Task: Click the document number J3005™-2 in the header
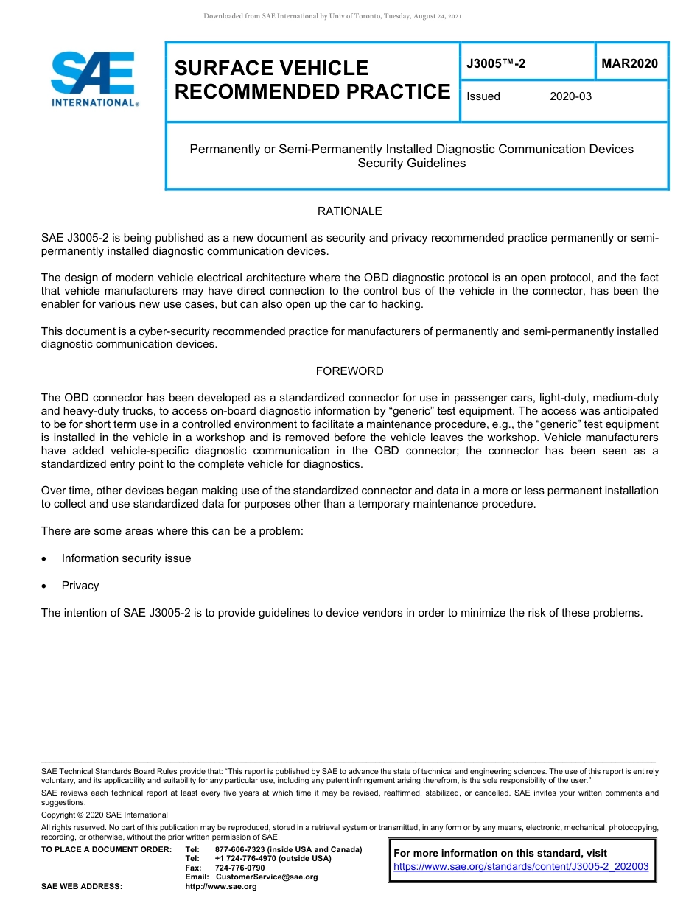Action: point(496,64)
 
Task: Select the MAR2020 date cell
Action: point(629,64)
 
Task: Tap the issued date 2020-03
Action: point(570,96)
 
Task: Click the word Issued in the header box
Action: point(483,96)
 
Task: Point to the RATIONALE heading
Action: point(349,211)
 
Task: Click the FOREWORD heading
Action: point(349,371)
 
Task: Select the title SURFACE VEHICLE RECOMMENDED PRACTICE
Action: point(312,80)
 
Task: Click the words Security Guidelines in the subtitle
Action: point(411,164)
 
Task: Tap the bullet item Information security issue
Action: point(126,558)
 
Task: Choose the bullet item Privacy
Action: point(80,586)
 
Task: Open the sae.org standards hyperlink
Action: point(521,867)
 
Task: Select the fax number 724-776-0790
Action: point(239,868)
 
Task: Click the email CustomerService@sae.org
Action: point(267,877)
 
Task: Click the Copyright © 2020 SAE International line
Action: point(105,815)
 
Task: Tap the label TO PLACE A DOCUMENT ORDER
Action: point(106,849)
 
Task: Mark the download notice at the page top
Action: point(332,16)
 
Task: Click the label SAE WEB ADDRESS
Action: point(82,886)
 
